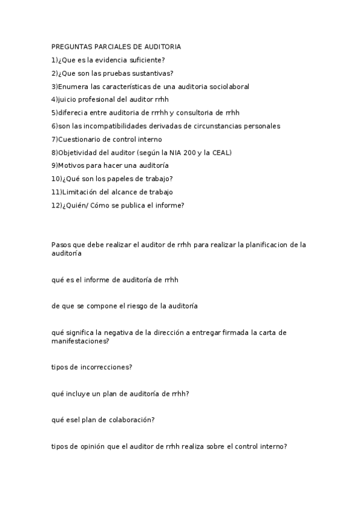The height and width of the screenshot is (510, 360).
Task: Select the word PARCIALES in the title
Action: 109,46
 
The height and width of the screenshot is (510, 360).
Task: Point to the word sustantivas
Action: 150,73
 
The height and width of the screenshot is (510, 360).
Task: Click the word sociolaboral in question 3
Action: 229,87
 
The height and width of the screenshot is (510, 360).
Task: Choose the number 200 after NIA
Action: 184,153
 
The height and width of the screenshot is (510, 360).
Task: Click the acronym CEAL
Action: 220,153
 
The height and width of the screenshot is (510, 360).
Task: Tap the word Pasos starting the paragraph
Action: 61,245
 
